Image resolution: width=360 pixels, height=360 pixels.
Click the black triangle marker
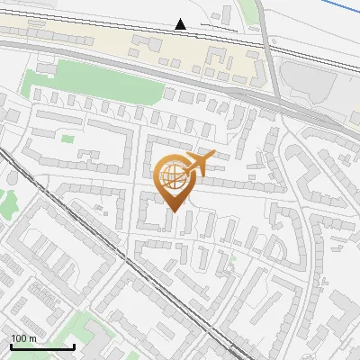[181, 24]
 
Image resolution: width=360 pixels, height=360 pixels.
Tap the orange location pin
[174, 180]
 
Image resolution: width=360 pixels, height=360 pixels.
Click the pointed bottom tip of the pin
[174, 211]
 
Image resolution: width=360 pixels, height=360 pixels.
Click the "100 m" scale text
[23, 338]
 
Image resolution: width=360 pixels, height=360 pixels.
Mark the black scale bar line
[42, 346]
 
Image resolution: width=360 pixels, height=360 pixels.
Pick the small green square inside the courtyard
[67, 139]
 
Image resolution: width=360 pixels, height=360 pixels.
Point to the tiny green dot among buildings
[232, 260]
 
